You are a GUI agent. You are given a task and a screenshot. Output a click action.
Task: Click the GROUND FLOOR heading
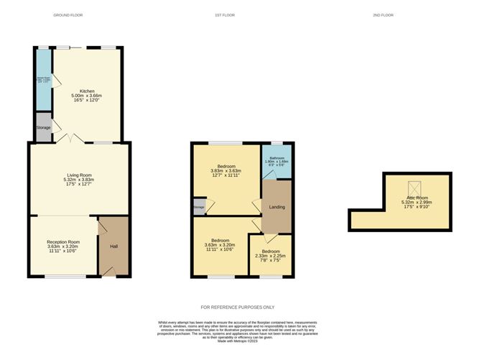pos(68,15)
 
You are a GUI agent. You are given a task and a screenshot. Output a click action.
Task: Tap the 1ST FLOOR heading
pos(223,15)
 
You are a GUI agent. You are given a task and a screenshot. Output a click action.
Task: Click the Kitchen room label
pos(88,91)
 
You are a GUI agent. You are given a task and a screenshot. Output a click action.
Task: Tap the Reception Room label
pos(63,242)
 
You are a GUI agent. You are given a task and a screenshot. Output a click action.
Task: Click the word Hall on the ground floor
pos(113,246)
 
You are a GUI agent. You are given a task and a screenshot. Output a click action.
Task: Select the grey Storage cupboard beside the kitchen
pos(44,127)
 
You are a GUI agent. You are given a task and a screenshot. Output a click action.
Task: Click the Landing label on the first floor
pos(276,208)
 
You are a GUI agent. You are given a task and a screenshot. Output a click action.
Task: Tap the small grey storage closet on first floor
pos(199,208)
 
